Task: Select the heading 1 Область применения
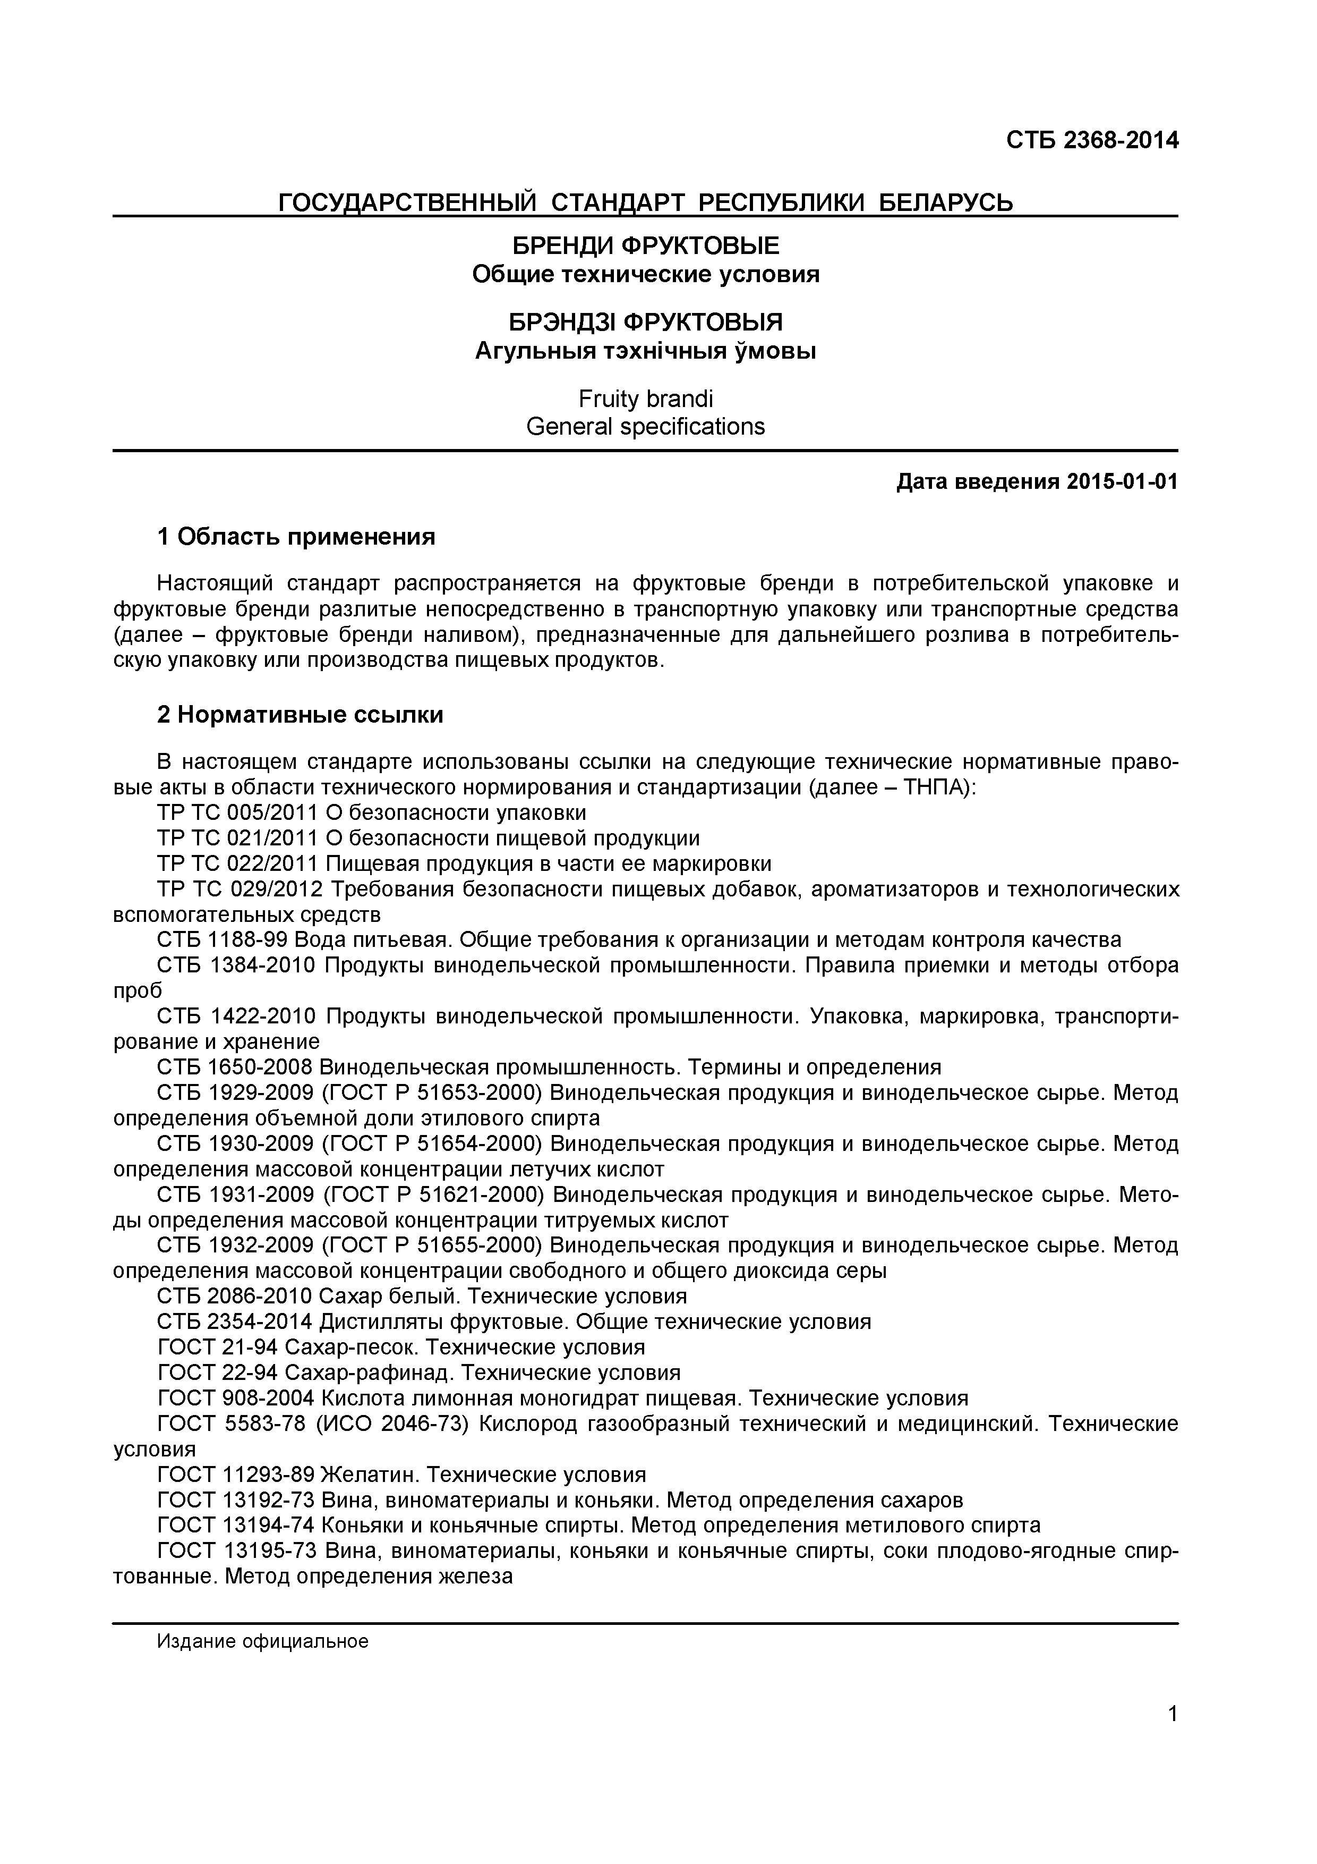tap(296, 537)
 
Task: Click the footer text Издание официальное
tap(262, 1641)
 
